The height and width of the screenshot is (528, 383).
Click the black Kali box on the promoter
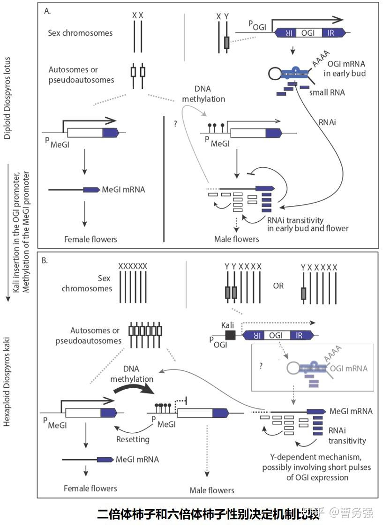point(230,335)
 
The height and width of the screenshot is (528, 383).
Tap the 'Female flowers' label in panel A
point(90,239)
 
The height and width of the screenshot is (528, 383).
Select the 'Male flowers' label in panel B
point(211,490)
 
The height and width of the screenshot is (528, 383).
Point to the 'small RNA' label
point(327,92)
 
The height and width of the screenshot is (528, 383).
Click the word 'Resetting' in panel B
point(132,439)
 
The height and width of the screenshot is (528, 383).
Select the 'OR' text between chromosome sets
point(278,286)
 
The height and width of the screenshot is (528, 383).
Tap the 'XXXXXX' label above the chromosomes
point(133,266)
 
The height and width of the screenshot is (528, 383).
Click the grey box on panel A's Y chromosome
point(227,44)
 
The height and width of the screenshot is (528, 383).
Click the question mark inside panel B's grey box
point(261,365)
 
